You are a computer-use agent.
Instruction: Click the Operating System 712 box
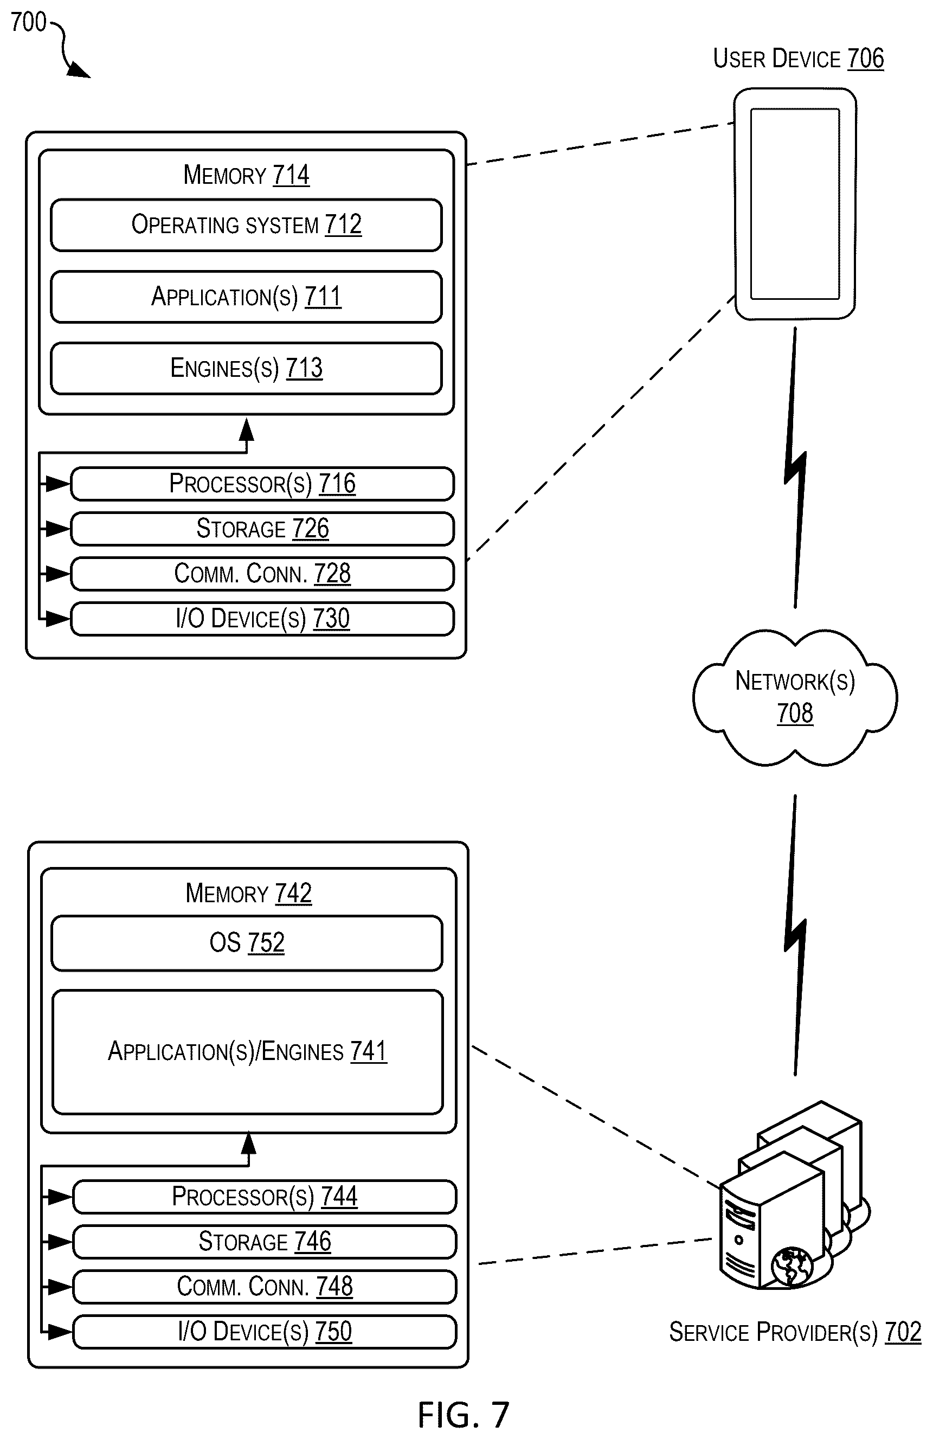pyautogui.click(x=246, y=225)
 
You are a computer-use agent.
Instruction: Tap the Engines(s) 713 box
pyautogui.click(x=246, y=368)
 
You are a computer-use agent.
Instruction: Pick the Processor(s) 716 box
pyautogui.click(x=262, y=484)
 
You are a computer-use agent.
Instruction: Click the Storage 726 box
pyautogui.click(x=262, y=529)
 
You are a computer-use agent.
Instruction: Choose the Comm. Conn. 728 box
pyautogui.click(x=262, y=574)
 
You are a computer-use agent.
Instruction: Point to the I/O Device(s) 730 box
pyautogui.click(x=262, y=619)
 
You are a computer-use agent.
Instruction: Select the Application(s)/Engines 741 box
pyautogui.click(x=247, y=1051)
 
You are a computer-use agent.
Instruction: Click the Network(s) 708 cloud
pyautogui.click(x=795, y=697)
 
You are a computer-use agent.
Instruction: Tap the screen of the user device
pyautogui.click(x=795, y=204)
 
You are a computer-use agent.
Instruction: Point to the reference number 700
pyautogui.click(x=28, y=22)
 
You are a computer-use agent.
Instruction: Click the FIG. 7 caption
pyautogui.click(x=464, y=1415)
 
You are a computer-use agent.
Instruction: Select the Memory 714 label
pyautogui.click(x=246, y=175)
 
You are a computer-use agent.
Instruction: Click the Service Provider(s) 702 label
pyautogui.click(x=795, y=1332)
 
